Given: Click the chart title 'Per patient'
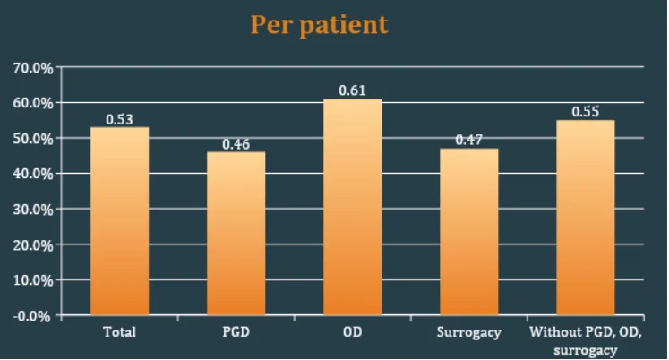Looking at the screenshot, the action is coord(319,25).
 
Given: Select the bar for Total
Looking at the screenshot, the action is coord(120,221).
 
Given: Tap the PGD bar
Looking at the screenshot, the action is coord(236,234).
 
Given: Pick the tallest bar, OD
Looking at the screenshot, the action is coord(353,207).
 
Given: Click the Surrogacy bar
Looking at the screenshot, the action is coord(469,232).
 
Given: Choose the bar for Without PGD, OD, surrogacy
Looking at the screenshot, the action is coord(586,218).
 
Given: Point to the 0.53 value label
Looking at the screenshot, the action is coord(119,119).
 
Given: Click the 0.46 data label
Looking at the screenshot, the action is coord(236,144).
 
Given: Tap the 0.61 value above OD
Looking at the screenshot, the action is coord(353,90).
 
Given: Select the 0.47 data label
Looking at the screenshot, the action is coord(469,140).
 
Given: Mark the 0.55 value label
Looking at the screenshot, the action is coord(586,112).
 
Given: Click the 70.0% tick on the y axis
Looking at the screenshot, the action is coord(33,68).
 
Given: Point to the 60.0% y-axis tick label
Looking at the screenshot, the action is coord(33,103).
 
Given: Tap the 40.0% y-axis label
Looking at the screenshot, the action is coord(33,174).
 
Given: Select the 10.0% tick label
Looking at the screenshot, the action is coord(33,280).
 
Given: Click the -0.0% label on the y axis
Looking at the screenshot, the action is coord(31,316).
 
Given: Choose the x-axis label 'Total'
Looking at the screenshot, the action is coord(119,332).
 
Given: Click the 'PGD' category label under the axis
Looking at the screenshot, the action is coord(236,332).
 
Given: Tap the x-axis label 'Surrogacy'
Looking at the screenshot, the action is coord(469,333).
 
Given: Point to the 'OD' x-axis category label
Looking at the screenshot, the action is coord(353,332).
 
